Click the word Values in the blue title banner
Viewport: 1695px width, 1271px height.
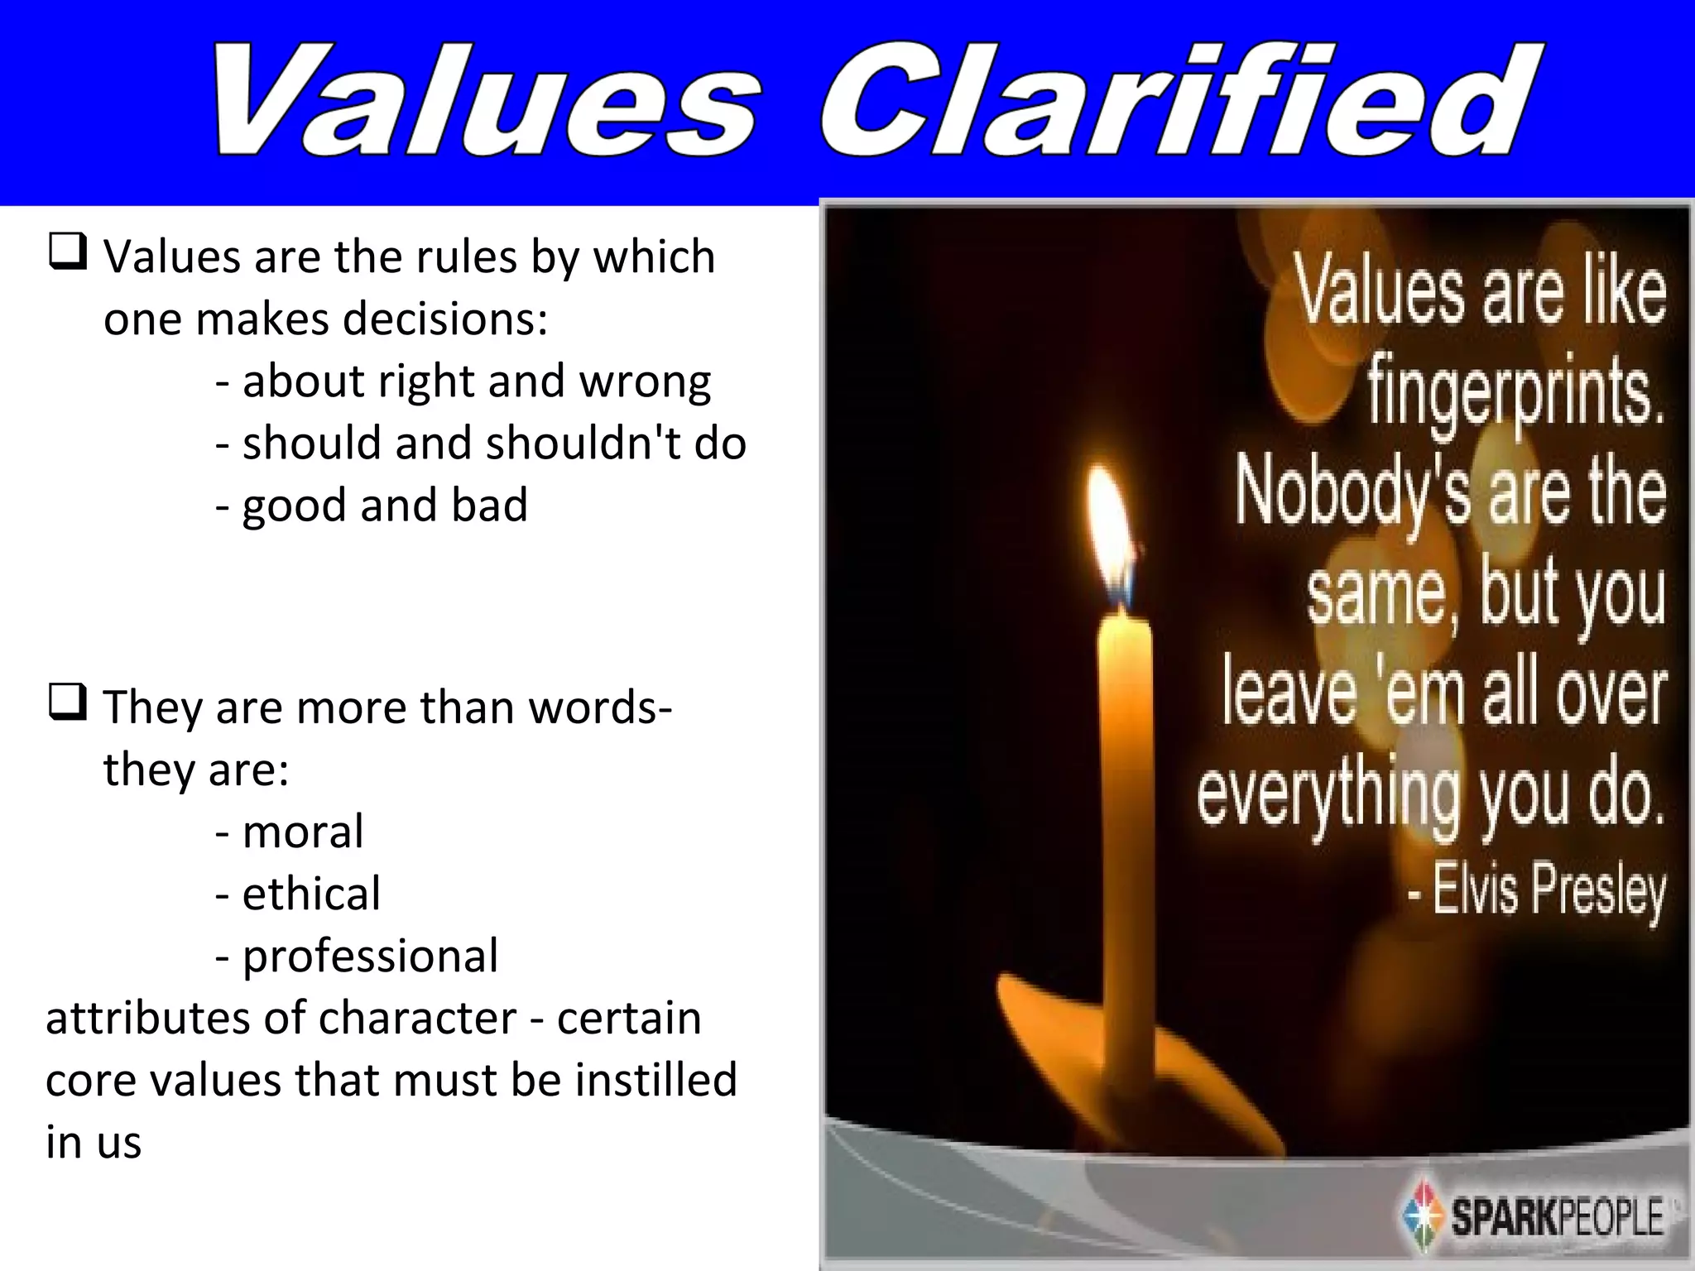point(484,103)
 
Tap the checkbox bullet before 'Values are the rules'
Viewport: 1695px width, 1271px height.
point(68,252)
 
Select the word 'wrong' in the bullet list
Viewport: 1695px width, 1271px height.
point(645,382)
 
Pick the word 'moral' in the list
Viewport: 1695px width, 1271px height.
point(303,832)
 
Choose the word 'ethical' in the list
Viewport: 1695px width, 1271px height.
point(311,894)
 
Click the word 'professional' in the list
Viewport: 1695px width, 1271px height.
point(370,957)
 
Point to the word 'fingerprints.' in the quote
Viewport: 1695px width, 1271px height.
point(1515,393)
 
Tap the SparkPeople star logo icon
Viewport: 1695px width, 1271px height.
point(1423,1217)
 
